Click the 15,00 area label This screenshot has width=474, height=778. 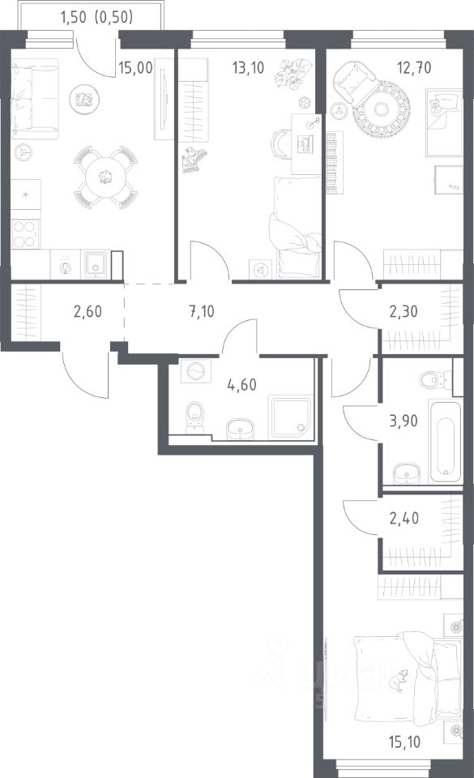135,67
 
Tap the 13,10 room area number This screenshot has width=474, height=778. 249,67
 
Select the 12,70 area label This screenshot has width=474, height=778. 415,67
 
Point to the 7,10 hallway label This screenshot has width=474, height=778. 201,311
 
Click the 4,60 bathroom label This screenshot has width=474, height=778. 242,384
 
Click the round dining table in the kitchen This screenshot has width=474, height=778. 105,177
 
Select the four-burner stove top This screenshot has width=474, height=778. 25,234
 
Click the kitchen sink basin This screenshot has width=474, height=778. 95,264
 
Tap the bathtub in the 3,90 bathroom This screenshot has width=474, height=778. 446,442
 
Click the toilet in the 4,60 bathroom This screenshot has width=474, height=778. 194,417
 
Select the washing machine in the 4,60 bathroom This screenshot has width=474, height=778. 196,371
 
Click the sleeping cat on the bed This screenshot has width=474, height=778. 398,680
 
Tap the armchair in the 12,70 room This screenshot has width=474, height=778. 355,83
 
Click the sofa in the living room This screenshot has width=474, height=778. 35,99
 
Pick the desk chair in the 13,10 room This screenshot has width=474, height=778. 280,144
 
